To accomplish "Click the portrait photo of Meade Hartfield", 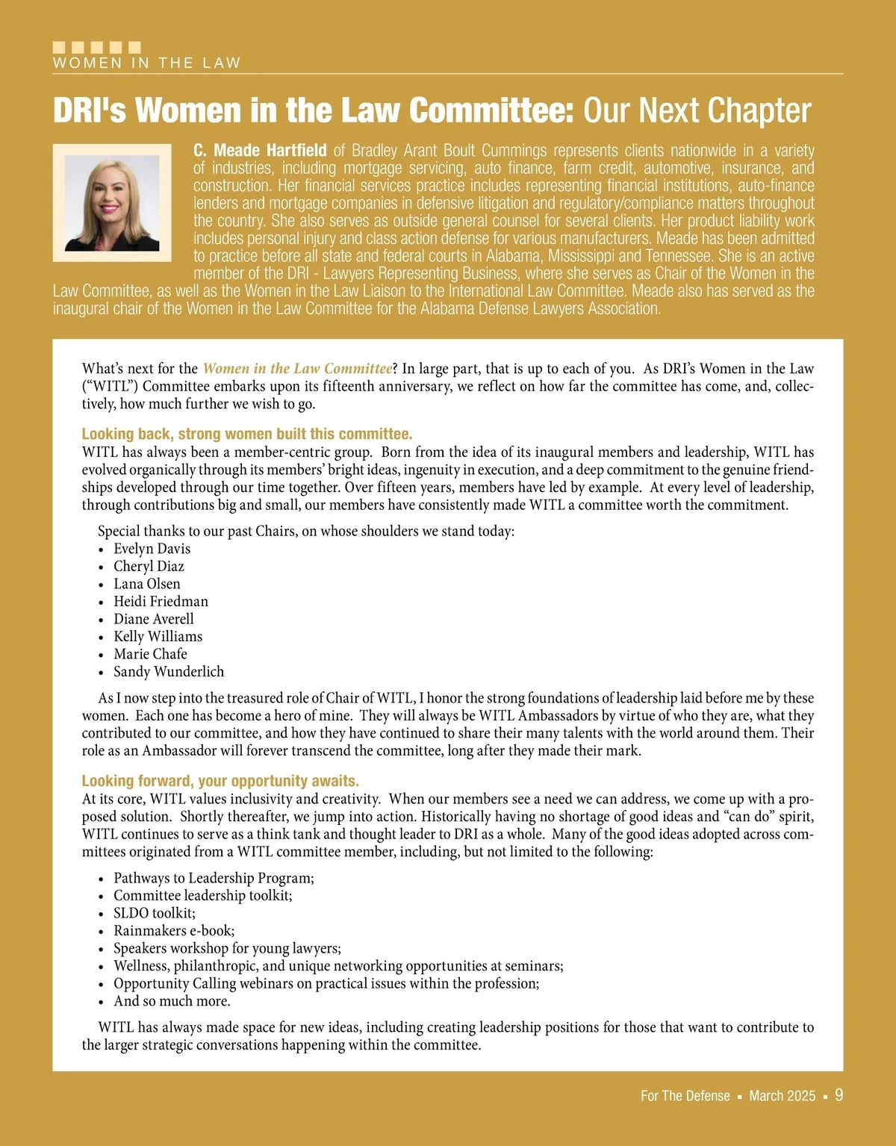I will click(x=112, y=202).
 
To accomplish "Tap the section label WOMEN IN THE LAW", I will click(x=146, y=63).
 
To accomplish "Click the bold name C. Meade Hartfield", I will click(x=260, y=151).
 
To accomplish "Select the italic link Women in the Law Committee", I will click(x=297, y=369).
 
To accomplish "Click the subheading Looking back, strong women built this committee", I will click(x=246, y=435).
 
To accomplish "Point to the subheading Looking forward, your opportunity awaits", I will click(x=220, y=781).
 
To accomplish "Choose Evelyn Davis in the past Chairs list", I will click(x=152, y=549).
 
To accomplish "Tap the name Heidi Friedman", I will click(x=161, y=601).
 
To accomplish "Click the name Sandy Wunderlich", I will click(x=169, y=671).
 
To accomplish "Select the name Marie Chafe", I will click(x=150, y=654).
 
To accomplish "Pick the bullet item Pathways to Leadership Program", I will click(x=214, y=878).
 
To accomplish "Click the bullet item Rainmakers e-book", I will click(x=174, y=930).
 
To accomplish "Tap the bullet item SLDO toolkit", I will click(x=154, y=913).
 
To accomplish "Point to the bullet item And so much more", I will click(x=172, y=1001).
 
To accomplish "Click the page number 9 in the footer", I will click(x=839, y=1095).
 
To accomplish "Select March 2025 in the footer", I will click(x=782, y=1096).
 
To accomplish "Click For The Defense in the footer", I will click(x=685, y=1096).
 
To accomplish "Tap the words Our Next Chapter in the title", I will click(x=697, y=110).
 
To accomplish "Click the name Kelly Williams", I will click(x=158, y=636).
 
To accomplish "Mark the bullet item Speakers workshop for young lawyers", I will click(x=227, y=948).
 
